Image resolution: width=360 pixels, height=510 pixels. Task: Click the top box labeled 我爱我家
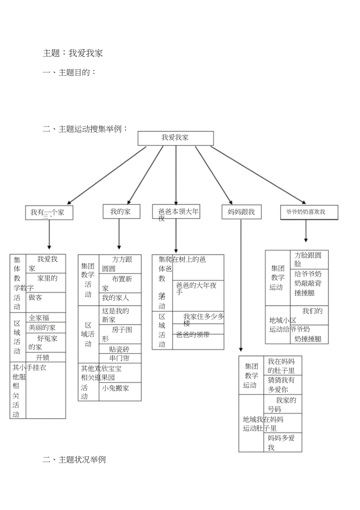175,138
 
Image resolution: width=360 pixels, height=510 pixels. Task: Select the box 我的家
121,212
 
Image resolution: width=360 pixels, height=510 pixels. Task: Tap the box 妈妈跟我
241,212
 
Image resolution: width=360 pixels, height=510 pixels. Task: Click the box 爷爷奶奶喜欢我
309,212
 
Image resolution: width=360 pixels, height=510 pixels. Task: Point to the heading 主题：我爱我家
73,53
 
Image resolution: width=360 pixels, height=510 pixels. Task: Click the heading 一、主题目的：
69,72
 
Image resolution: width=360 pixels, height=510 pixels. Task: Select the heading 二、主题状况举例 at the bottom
74,460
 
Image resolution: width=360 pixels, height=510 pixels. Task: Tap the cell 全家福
45,317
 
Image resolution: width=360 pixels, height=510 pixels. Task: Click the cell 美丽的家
45,327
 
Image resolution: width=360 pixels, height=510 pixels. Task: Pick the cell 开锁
45,357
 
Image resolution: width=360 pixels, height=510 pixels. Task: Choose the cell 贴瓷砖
120,349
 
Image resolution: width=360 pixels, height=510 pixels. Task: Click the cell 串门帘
120,358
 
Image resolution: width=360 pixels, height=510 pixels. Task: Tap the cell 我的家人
120,298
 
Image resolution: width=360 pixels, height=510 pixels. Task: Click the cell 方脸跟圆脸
309,260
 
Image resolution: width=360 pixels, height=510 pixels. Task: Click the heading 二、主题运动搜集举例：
85,129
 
